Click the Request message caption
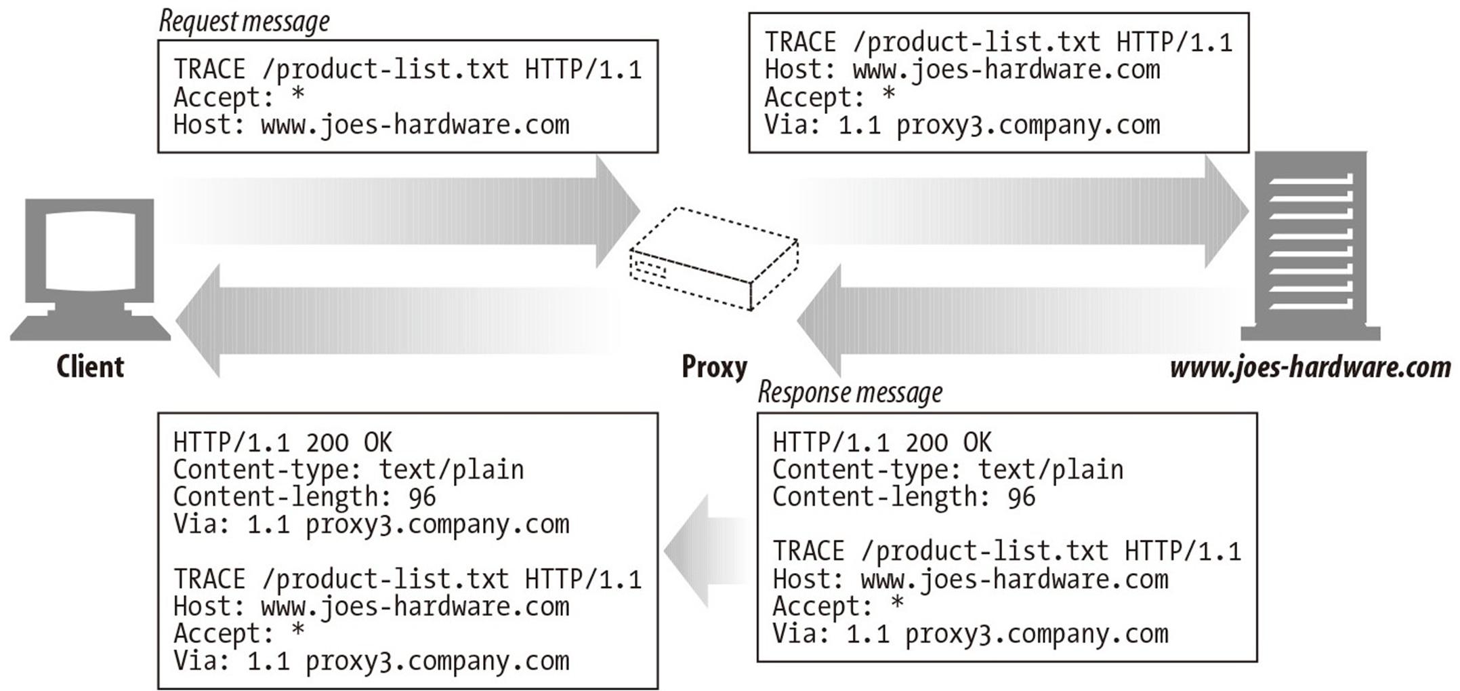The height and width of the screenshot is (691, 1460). (x=244, y=22)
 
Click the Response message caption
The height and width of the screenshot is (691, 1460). (x=850, y=393)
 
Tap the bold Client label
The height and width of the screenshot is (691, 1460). (x=90, y=367)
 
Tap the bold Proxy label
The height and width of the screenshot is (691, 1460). (x=714, y=367)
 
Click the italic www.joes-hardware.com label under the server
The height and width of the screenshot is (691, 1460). (x=1310, y=368)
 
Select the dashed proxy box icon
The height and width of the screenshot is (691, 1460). (x=714, y=258)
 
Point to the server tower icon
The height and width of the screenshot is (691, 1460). (x=1310, y=244)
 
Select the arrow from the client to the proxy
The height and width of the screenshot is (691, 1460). (x=406, y=211)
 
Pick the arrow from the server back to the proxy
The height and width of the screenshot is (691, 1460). (x=1016, y=320)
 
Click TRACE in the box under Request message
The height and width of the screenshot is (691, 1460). (x=209, y=70)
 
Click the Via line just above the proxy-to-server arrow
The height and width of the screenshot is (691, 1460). (x=962, y=125)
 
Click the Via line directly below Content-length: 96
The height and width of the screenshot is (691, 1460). (x=371, y=525)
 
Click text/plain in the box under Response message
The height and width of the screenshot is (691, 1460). (x=1051, y=470)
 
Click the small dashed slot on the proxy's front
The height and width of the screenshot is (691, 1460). (x=648, y=270)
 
